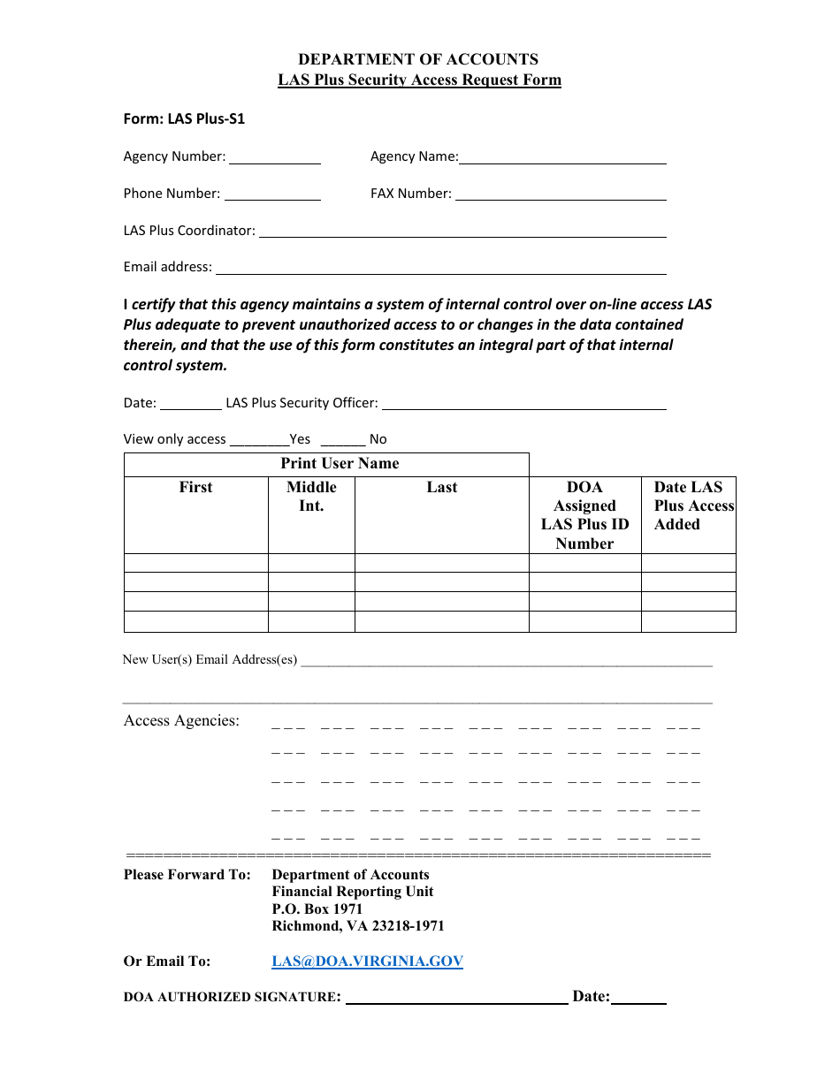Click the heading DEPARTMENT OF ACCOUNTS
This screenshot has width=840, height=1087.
click(x=418, y=59)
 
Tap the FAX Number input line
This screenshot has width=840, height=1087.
click(x=560, y=195)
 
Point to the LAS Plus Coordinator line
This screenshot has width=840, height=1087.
click(x=462, y=232)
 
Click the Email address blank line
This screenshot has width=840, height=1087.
click(x=440, y=269)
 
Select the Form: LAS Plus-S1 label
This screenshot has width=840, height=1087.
click(x=184, y=118)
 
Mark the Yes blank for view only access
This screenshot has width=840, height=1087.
click(x=259, y=441)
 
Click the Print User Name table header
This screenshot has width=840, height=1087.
click(x=340, y=464)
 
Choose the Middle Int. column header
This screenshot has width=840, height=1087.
click(x=311, y=497)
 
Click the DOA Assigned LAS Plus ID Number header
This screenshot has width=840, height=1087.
click(x=584, y=515)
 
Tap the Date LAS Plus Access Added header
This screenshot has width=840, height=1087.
click(x=689, y=505)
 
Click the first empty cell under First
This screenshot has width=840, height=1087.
click(x=195, y=563)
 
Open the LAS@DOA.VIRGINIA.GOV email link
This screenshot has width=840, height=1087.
click(x=367, y=962)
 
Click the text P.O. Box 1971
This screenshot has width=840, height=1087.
click(x=317, y=909)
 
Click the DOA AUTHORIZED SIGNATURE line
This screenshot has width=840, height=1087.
click(x=456, y=999)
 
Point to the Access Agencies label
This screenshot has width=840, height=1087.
click(x=181, y=721)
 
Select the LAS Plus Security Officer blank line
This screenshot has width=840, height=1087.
click(x=523, y=405)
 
